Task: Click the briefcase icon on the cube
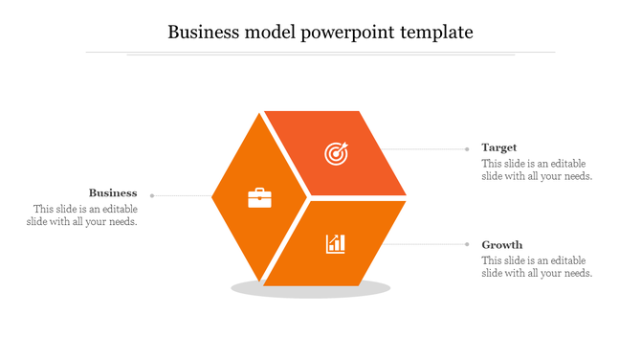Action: pyautogui.click(x=259, y=198)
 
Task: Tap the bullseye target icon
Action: pyautogui.click(x=336, y=152)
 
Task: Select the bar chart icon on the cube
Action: pyautogui.click(x=336, y=243)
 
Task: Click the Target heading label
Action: pyautogui.click(x=499, y=147)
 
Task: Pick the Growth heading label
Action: pyautogui.click(x=502, y=244)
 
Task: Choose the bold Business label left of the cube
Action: pyautogui.click(x=113, y=192)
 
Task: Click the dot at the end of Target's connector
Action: pyautogui.click(x=467, y=148)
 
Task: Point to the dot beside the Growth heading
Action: pyautogui.click(x=467, y=244)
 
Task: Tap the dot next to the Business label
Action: pyautogui.click(x=152, y=195)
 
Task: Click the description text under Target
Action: pyautogui.click(x=537, y=169)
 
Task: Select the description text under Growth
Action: pyautogui.click(x=537, y=266)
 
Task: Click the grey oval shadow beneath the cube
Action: pyautogui.click(x=311, y=290)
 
